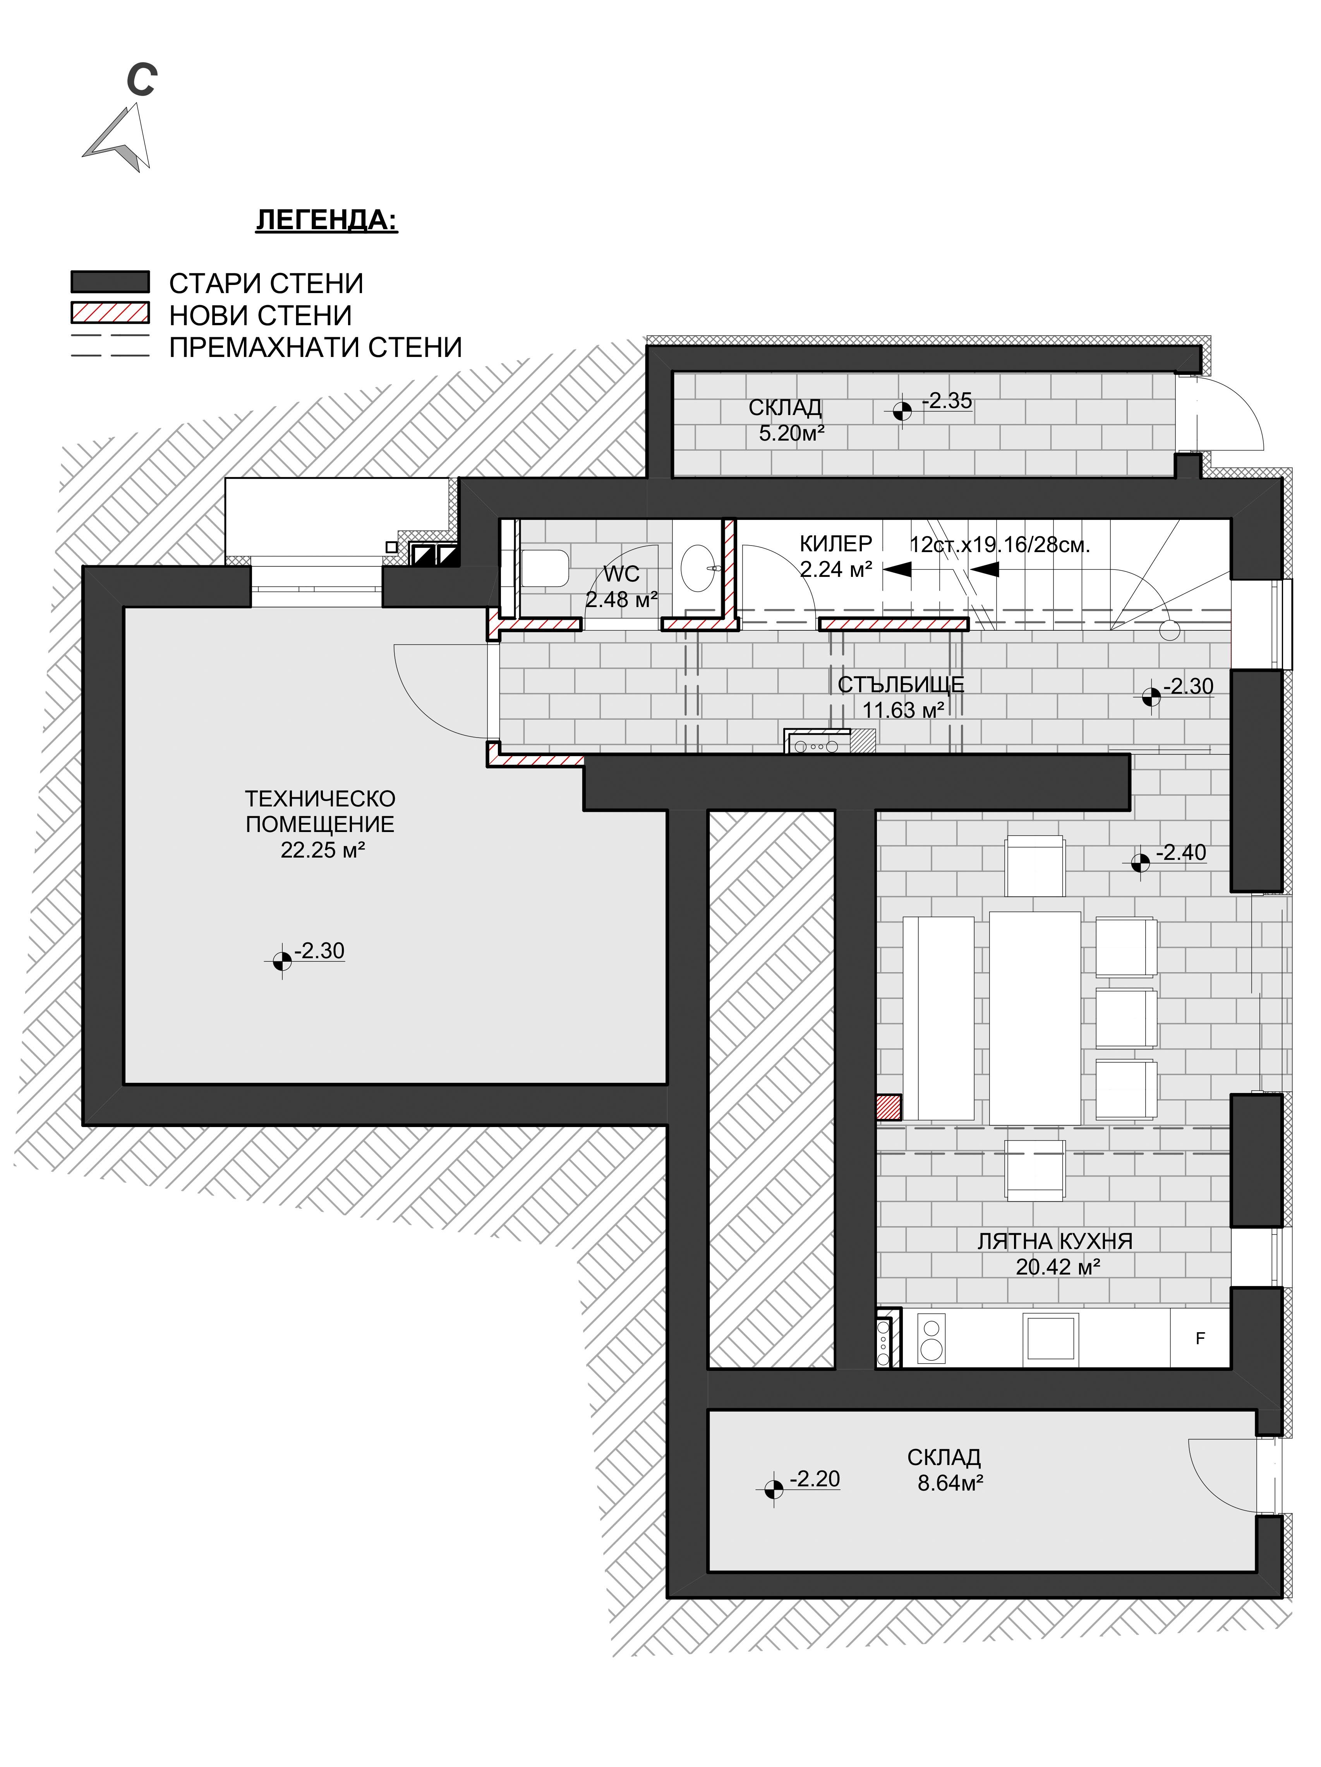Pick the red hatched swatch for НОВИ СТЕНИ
(x=110, y=313)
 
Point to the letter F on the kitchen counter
(x=1199, y=1338)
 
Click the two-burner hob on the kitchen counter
(x=931, y=1338)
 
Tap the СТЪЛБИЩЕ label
(x=901, y=684)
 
